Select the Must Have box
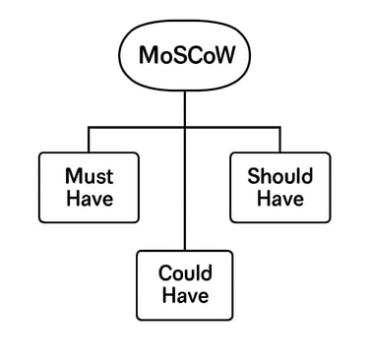tap(89, 187)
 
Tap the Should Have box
tap(279, 187)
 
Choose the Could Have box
tap(185, 284)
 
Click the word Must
tap(89, 176)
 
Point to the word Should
tap(279, 176)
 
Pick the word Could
tap(185, 273)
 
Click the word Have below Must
tap(89, 198)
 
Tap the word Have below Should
tap(279, 198)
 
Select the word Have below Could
tap(185, 296)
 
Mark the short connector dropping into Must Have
tap(89, 139)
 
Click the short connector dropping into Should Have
tap(279, 139)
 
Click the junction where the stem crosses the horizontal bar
tap(185, 126)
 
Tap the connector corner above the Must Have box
tap(89, 126)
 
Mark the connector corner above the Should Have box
tap(279, 126)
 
